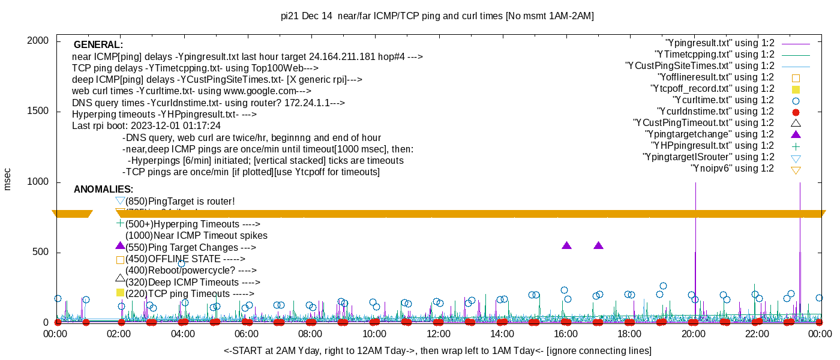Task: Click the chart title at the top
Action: point(437,16)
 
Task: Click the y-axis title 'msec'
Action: point(8,179)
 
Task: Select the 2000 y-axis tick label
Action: point(38,41)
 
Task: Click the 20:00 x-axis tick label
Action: point(693,334)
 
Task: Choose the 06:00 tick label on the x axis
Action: point(247,334)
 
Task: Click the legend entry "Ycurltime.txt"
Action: point(723,100)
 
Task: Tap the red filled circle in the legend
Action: point(796,112)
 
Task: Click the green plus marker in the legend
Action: point(796,146)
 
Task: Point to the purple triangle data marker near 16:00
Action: point(566,245)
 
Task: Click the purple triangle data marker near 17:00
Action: point(598,245)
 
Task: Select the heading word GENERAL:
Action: point(98,45)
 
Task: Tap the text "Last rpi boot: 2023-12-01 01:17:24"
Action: point(146,126)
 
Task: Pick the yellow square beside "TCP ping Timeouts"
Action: point(120,293)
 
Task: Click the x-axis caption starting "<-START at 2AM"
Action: point(437,350)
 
